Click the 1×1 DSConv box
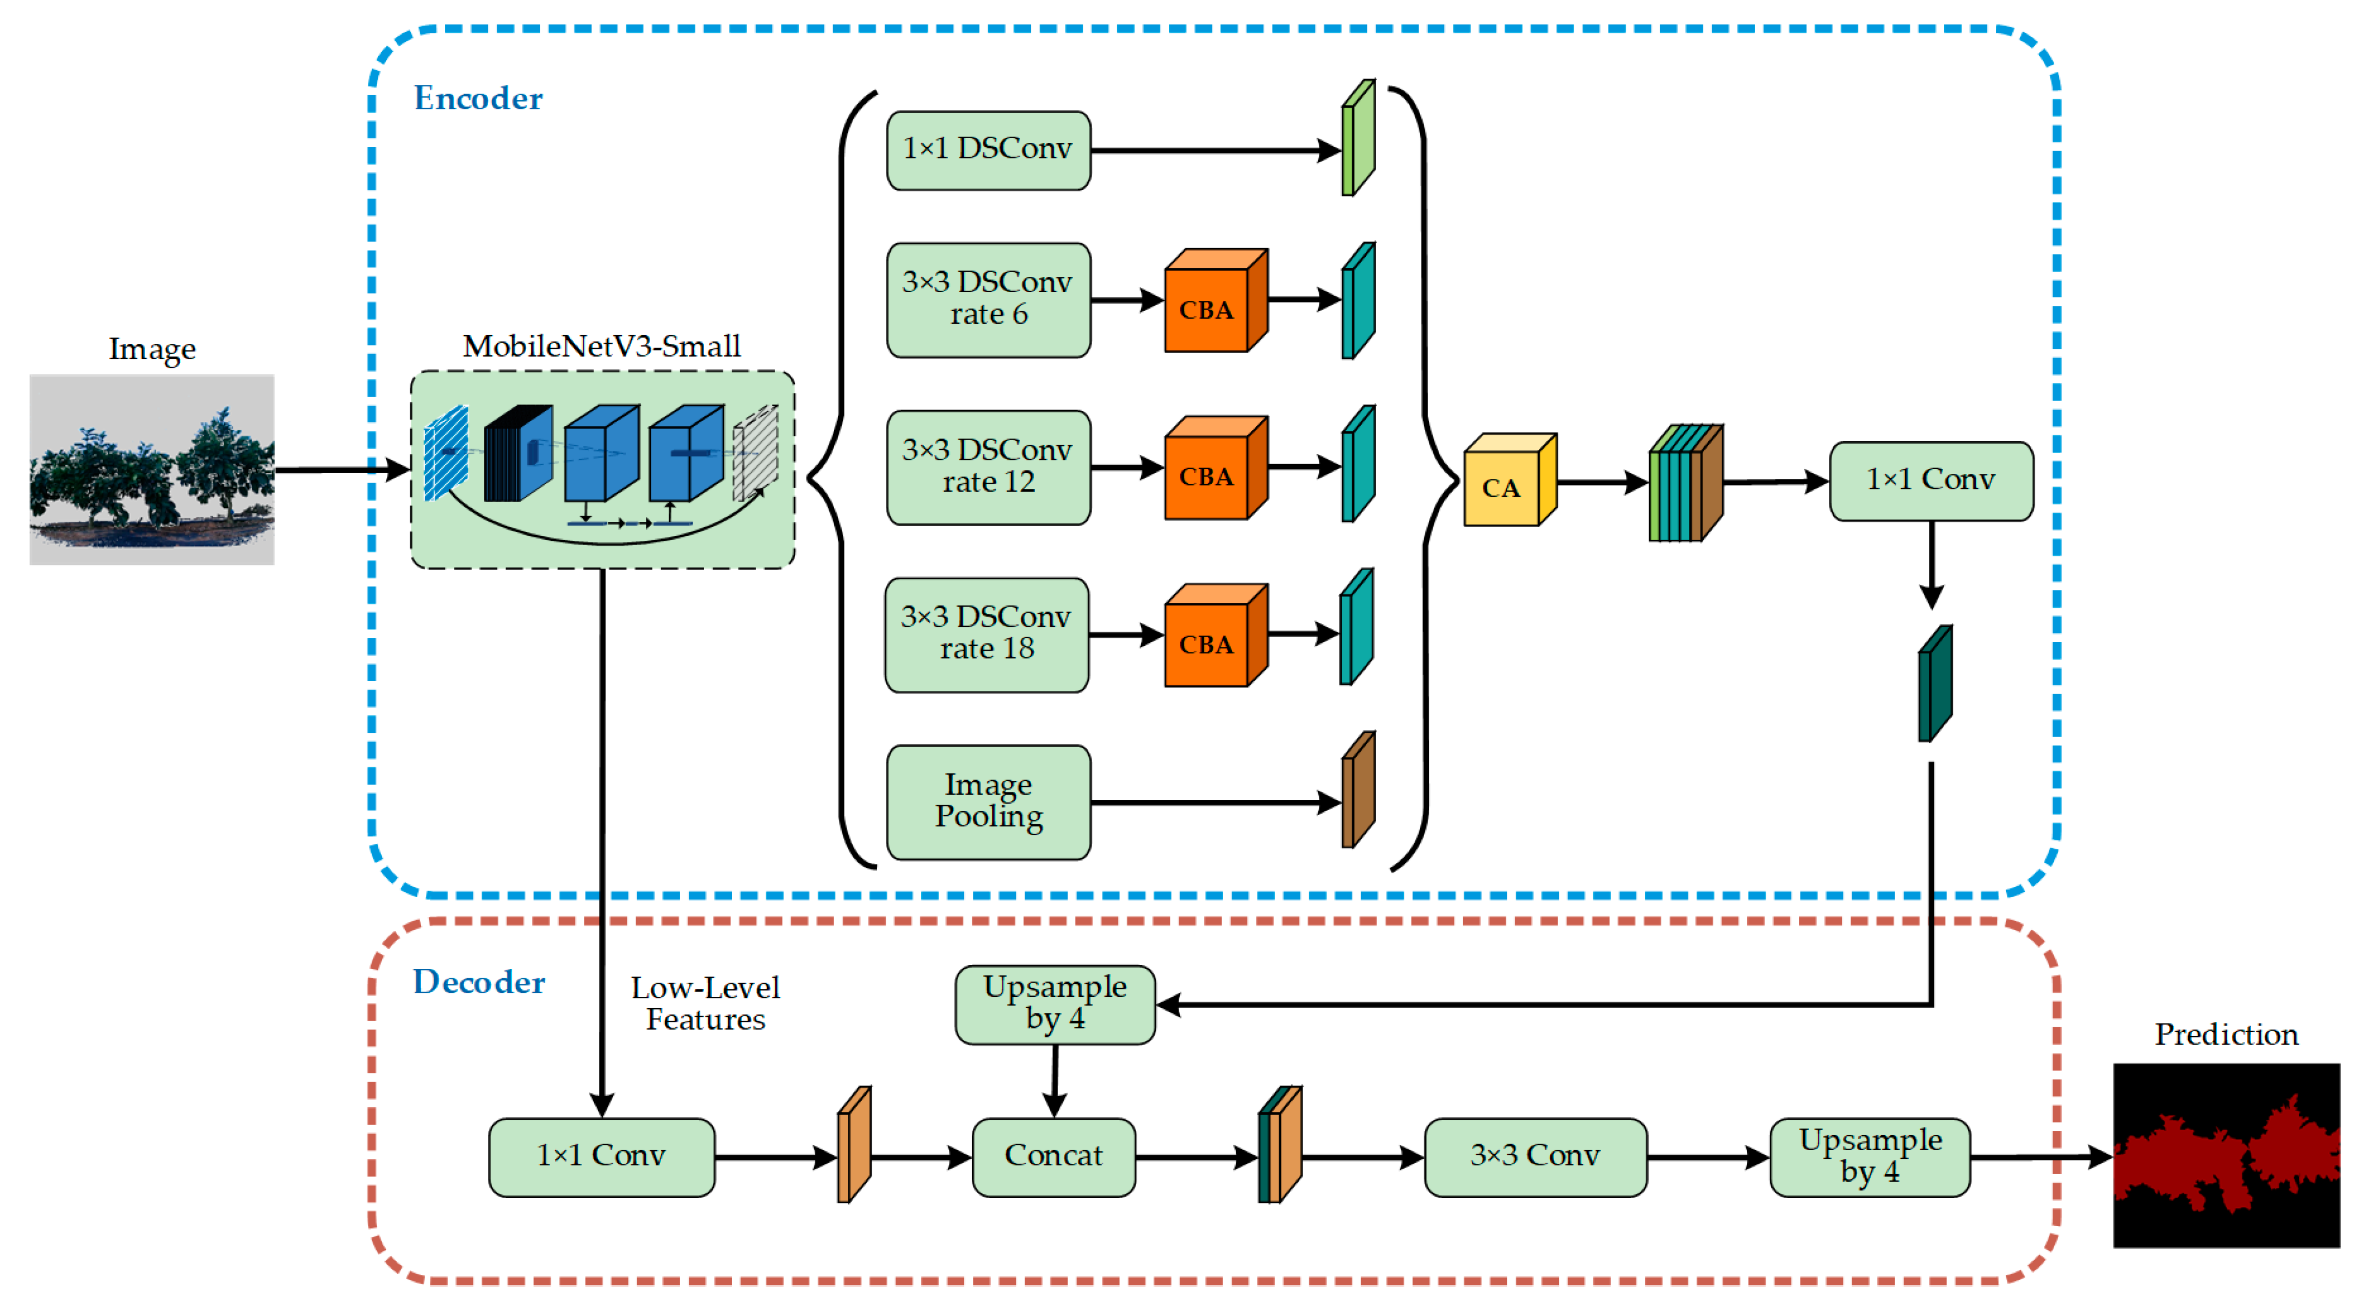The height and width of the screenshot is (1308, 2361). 988,150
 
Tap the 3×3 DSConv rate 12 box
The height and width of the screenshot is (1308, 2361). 988,466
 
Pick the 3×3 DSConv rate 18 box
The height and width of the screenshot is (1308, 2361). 986,634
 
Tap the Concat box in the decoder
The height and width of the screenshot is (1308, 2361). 1053,1157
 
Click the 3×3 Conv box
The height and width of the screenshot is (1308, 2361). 1534,1157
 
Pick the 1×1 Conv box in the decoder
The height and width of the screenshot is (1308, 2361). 601,1157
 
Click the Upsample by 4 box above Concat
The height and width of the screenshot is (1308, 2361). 1055,1004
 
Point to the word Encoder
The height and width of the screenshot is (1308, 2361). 478,98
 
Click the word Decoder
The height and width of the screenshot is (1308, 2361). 478,983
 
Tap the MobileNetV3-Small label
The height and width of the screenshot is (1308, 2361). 601,347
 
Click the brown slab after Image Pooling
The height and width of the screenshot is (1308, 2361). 1358,790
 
